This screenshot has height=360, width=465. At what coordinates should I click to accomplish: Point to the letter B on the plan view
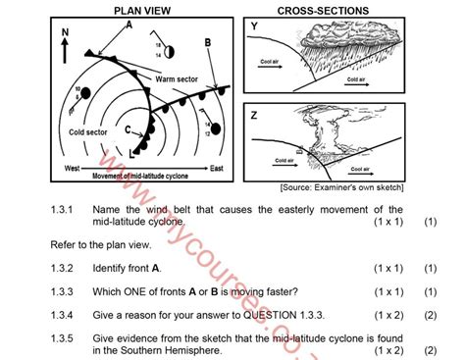click(x=208, y=43)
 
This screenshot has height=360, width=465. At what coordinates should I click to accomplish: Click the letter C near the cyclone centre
click(x=127, y=128)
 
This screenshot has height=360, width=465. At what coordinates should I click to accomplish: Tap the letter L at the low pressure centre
click(x=132, y=154)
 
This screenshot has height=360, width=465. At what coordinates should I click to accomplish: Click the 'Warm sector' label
click(x=176, y=77)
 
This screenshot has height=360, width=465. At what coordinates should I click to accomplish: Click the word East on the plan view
click(x=216, y=169)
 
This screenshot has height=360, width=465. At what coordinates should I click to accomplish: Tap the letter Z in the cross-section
click(x=254, y=115)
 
